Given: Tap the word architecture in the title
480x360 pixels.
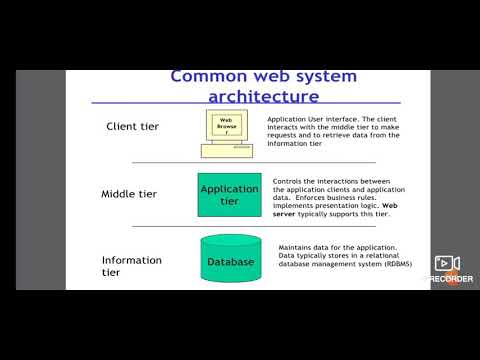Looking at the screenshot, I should [263, 96].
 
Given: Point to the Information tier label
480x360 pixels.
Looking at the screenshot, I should [131, 266].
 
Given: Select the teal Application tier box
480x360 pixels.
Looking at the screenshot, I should [230, 194].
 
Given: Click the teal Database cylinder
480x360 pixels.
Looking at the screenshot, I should [231, 262].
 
